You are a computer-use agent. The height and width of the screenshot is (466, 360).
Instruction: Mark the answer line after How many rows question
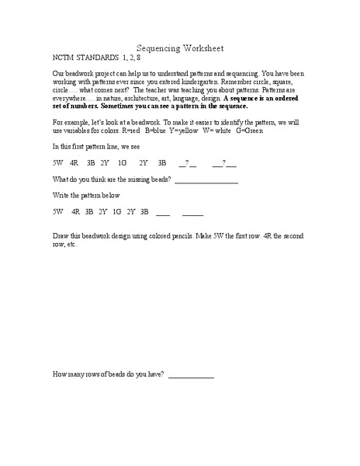click(x=190, y=376)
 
